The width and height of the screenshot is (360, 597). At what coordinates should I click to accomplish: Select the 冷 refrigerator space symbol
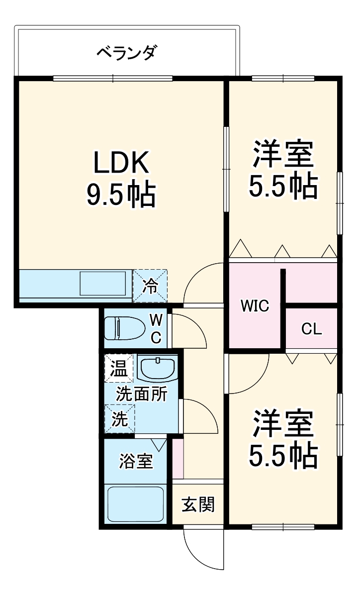click(x=150, y=286)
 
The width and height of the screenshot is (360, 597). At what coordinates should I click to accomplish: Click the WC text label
click(x=156, y=328)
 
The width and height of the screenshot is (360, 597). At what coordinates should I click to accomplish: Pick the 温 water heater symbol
click(x=119, y=369)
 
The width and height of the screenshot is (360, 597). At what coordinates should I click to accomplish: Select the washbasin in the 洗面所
click(x=157, y=368)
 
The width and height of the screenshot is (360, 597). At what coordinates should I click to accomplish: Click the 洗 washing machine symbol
click(x=119, y=419)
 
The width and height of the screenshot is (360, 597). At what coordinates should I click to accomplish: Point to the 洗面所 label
click(x=142, y=394)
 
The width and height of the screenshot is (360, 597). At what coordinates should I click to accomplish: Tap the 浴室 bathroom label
click(x=135, y=461)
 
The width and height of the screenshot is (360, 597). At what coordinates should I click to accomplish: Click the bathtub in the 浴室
click(x=135, y=503)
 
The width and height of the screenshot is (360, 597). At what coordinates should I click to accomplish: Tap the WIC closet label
click(x=255, y=306)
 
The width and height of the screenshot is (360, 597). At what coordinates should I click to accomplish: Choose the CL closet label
click(x=312, y=329)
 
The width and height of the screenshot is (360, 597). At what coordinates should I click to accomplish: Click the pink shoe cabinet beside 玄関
click(x=178, y=459)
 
